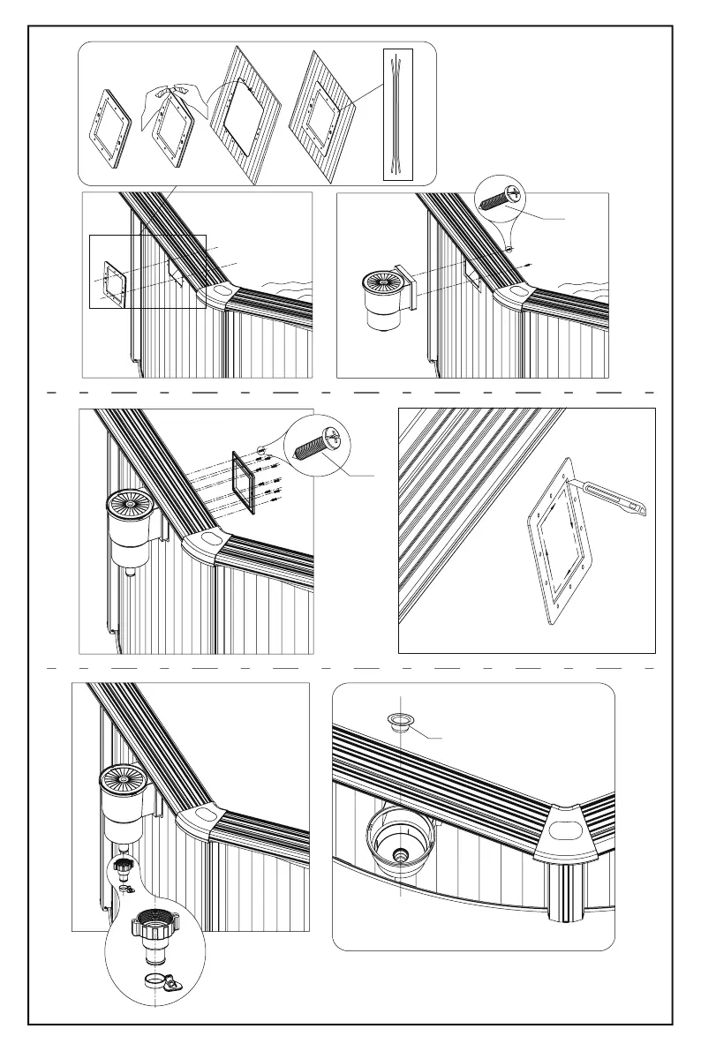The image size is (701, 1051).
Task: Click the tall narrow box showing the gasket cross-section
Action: coord(397,115)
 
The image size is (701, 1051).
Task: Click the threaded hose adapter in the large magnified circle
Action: coord(155,935)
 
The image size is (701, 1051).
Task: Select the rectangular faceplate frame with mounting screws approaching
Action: coord(243,481)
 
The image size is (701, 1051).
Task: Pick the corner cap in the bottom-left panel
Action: coord(202,816)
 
